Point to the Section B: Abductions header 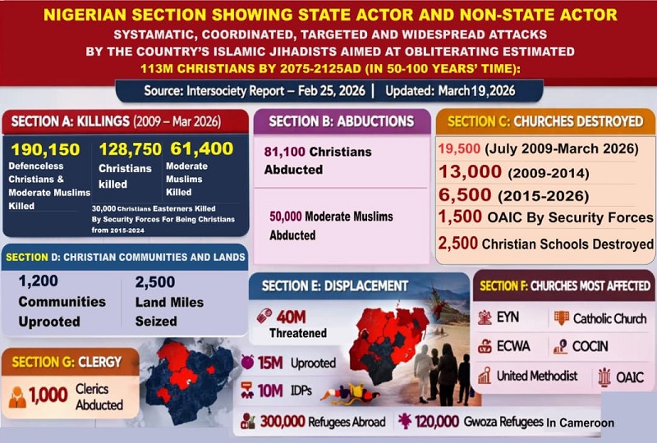[x=341, y=121]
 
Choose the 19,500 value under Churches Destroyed [x=461, y=150]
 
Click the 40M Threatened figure [x=292, y=316]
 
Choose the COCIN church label [x=590, y=346]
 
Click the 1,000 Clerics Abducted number [x=48, y=395]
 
